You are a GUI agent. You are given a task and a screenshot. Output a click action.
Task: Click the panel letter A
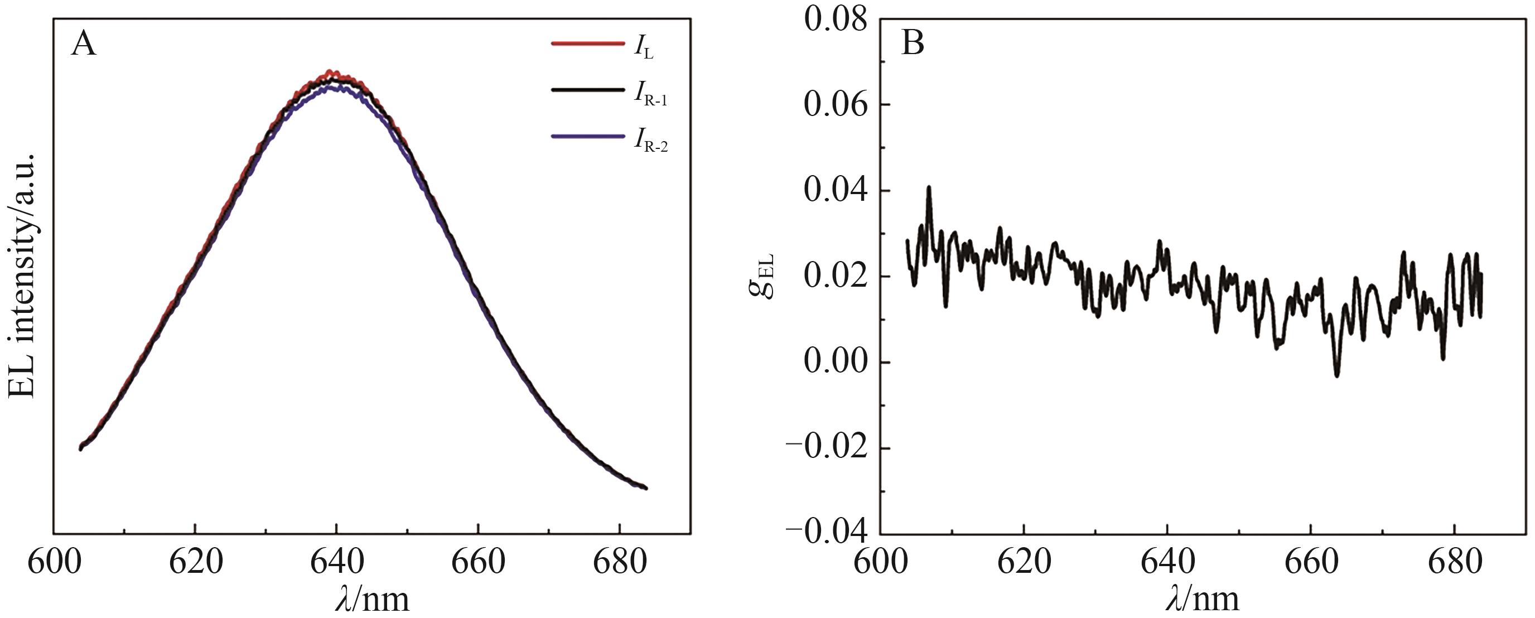tap(84, 45)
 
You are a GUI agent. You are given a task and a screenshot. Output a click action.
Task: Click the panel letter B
tap(913, 44)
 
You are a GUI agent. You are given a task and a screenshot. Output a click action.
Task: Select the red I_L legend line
tap(587, 43)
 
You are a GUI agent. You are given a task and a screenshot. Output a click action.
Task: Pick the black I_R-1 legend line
tap(587, 89)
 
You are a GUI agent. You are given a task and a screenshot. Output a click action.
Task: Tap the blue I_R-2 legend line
tap(587, 137)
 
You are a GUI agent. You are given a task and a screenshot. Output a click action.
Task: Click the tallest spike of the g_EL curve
tap(928, 188)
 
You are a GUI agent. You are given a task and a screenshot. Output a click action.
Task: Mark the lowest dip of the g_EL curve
tap(1336, 375)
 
